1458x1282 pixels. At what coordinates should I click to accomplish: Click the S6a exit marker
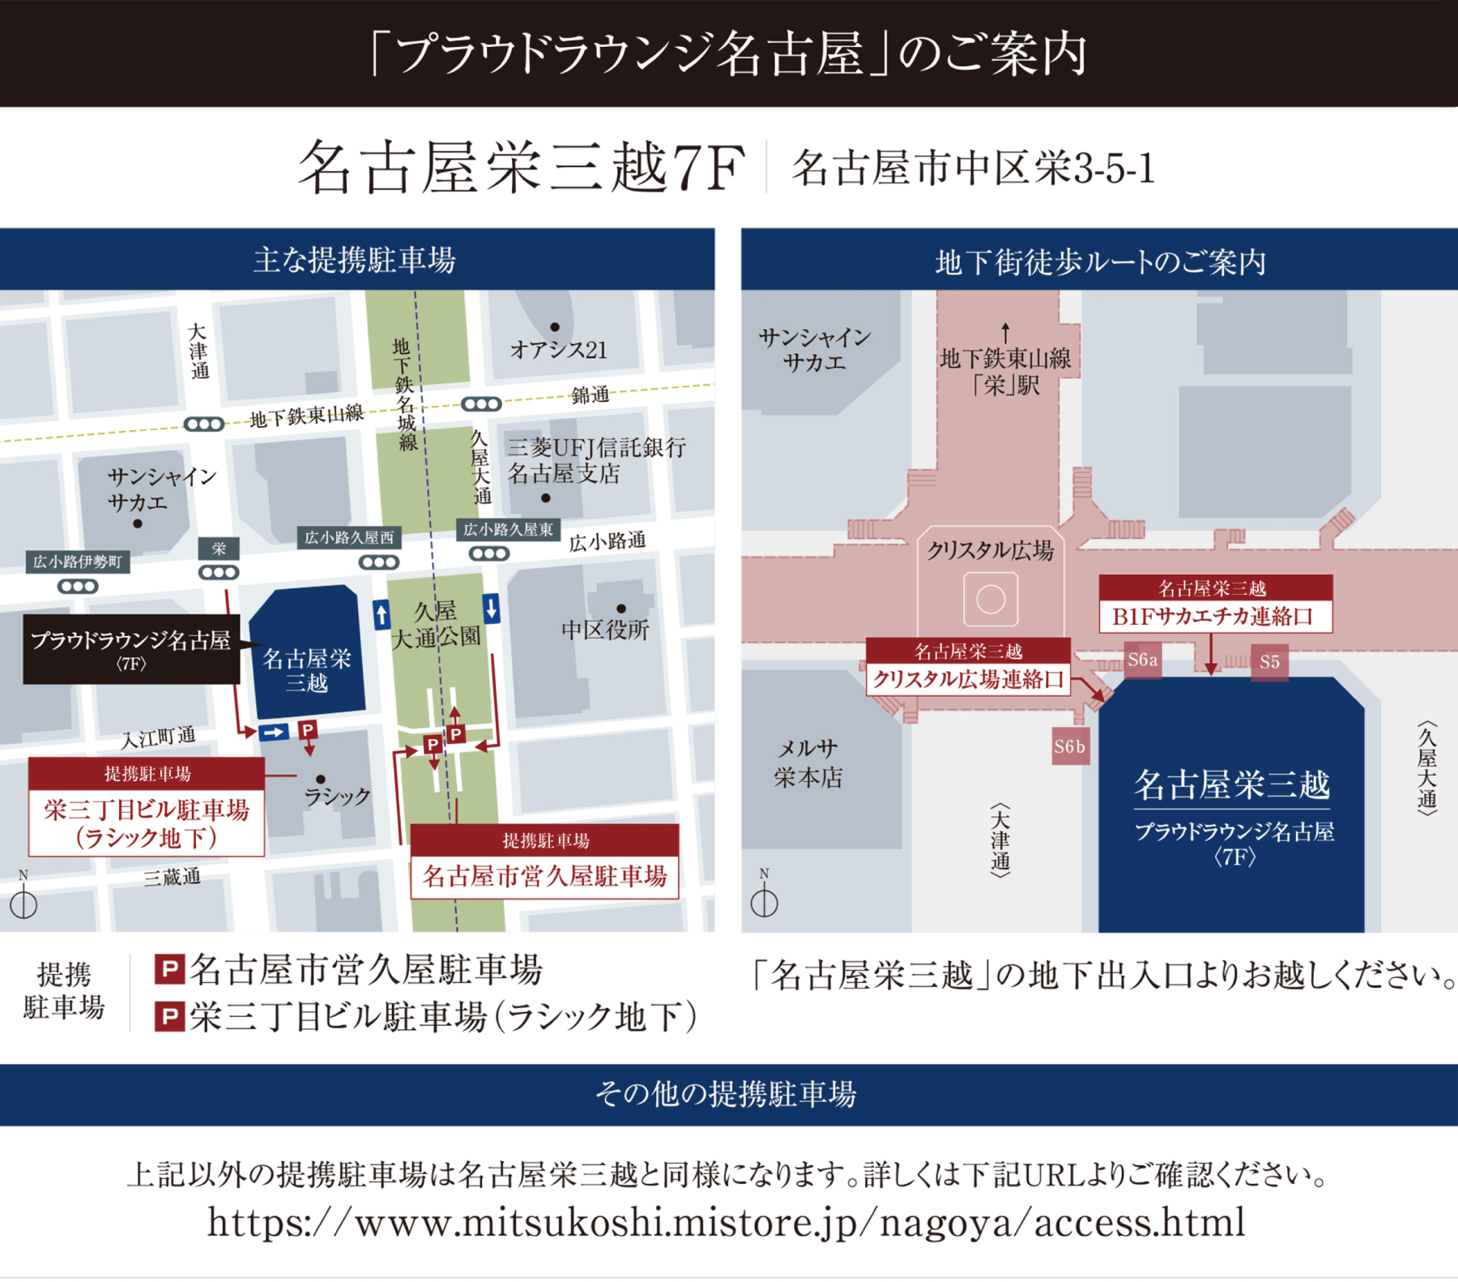[x=1142, y=660]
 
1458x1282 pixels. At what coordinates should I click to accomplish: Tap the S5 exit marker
[x=1269, y=662]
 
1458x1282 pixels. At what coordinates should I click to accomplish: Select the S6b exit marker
[x=1069, y=746]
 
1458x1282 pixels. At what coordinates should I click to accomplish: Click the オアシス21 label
[x=558, y=350]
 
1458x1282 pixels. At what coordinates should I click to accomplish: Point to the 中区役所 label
[x=605, y=630]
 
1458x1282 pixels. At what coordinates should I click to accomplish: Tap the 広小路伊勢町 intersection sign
[x=77, y=562]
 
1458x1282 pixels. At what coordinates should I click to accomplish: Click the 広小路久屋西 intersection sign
[x=349, y=537]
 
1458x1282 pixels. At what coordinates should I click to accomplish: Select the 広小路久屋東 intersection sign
[x=508, y=529]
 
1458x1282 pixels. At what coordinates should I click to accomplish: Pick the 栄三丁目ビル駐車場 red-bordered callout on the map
[x=147, y=807]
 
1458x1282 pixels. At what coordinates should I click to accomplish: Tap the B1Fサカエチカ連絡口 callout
[x=1215, y=604]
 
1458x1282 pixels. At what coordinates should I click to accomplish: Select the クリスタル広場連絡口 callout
[x=968, y=667]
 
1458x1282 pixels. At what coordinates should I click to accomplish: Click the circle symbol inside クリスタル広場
[x=991, y=600]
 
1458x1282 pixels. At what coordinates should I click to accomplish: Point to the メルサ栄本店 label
[x=808, y=763]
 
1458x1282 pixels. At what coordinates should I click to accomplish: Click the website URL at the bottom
[x=727, y=1222]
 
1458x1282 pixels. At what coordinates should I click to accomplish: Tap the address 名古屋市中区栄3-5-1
[x=973, y=169]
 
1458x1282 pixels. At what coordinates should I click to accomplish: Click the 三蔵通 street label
[x=172, y=877]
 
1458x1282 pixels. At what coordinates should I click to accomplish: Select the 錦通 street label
[x=590, y=395]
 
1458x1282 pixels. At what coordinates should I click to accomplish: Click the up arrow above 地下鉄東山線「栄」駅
[x=1005, y=332]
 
